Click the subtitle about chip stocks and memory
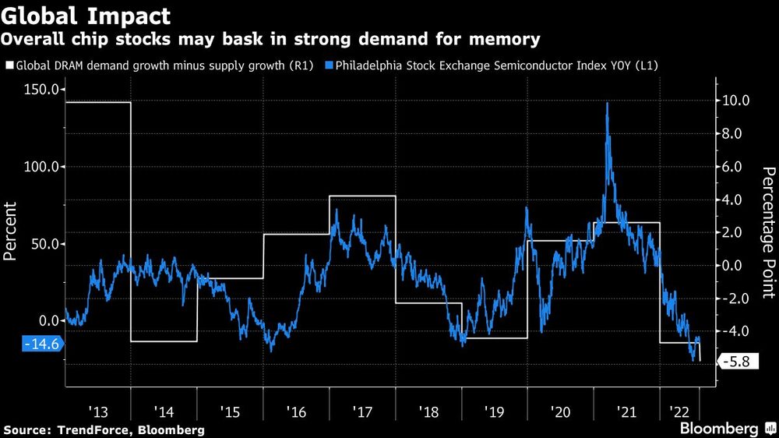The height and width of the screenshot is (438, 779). (273, 38)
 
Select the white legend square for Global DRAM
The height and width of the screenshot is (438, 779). (9, 66)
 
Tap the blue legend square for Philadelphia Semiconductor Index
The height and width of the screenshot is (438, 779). (330, 66)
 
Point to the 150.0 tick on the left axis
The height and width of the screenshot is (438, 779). (42, 90)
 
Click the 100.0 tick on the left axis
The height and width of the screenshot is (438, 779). (42, 167)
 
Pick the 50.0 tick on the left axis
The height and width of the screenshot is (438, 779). (45, 244)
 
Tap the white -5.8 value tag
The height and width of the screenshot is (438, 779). (735, 362)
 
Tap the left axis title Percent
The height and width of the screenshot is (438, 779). (11, 231)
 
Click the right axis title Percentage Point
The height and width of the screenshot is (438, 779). (768, 232)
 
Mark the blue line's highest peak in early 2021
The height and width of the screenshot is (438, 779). (607, 104)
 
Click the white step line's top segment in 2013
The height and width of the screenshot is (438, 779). (97, 102)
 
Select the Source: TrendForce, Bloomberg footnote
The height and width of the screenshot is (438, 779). (104, 429)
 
